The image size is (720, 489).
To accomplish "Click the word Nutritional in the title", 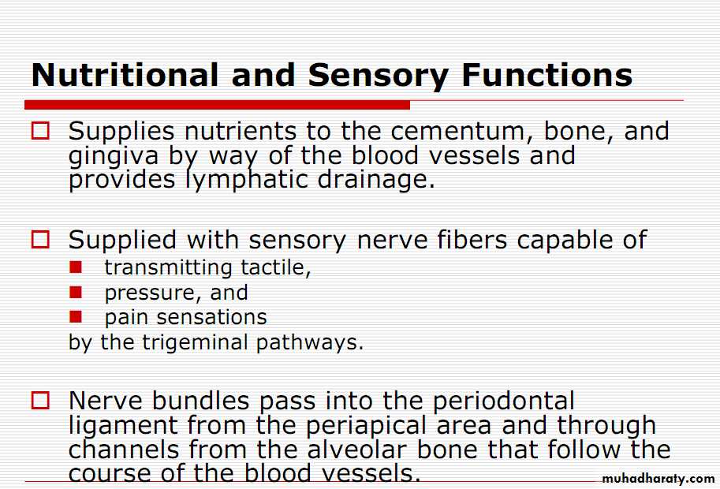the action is click(x=125, y=74).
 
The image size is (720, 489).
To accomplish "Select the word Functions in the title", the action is click(x=547, y=75).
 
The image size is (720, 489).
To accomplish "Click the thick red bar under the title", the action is click(x=217, y=105).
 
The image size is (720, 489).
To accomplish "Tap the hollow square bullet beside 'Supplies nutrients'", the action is click(x=40, y=131).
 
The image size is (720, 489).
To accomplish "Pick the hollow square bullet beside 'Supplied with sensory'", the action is click(x=40, y=239).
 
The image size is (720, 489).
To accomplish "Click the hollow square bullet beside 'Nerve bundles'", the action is click(x=40, y=401).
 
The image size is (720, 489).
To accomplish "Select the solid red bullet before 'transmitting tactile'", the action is click(x=76, y=267).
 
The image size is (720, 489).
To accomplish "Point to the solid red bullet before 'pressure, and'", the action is click(x=76, y=292).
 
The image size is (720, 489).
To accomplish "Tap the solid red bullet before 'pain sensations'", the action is click(x=76, y=317).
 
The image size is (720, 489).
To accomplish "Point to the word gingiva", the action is click(x=114, y=157).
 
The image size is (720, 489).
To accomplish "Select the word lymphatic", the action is click(x=247, y=180).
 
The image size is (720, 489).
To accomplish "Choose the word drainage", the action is click(x=376, y=180).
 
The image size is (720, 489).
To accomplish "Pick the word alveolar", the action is click(x=356, y=449).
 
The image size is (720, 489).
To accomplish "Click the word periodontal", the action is click(x=504, y=401).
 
